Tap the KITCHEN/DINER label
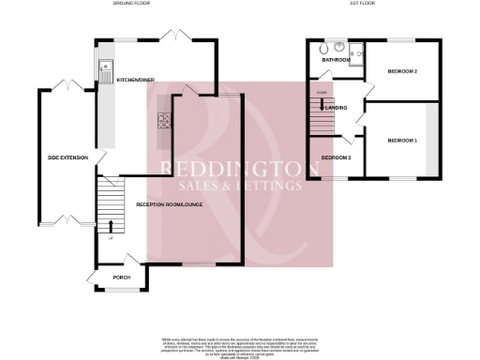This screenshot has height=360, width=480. click(136, 82)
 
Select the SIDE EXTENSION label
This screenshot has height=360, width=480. click(67, 157)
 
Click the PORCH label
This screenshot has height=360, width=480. click(121, 277)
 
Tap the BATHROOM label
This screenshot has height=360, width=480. click(336, 60)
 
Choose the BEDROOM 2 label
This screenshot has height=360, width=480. click(402, 71)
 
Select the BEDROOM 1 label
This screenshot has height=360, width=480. click(402, 140)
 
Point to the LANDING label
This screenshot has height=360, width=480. click(339, 108)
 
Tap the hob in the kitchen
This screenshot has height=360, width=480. click(164, 120)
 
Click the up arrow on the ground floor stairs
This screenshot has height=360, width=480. click(112, 225)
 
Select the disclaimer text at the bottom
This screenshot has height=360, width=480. click(240, 345)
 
